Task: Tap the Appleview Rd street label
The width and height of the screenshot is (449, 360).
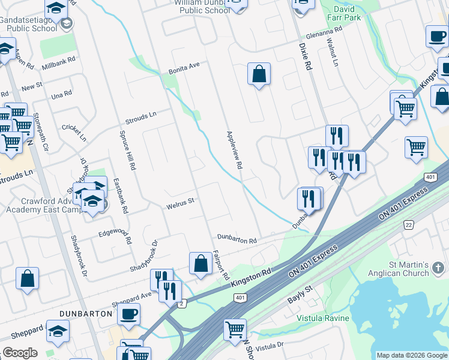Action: (x=234, y=149)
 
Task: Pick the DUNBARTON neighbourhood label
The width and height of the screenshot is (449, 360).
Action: (x=86, y=313)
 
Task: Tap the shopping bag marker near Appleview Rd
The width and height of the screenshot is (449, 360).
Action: (x=259, y=74)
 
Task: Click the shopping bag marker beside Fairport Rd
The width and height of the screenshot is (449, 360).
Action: (x=200, y=263)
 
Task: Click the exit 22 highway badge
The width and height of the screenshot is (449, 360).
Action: (x=409, y=224)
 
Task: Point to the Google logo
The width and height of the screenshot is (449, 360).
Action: (x=20, y=353)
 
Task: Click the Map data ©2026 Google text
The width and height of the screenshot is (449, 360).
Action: (x=412, y=355)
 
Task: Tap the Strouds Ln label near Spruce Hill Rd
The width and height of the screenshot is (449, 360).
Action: (x=140, y=115)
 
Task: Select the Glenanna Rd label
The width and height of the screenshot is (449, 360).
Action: (x=322, y=34)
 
